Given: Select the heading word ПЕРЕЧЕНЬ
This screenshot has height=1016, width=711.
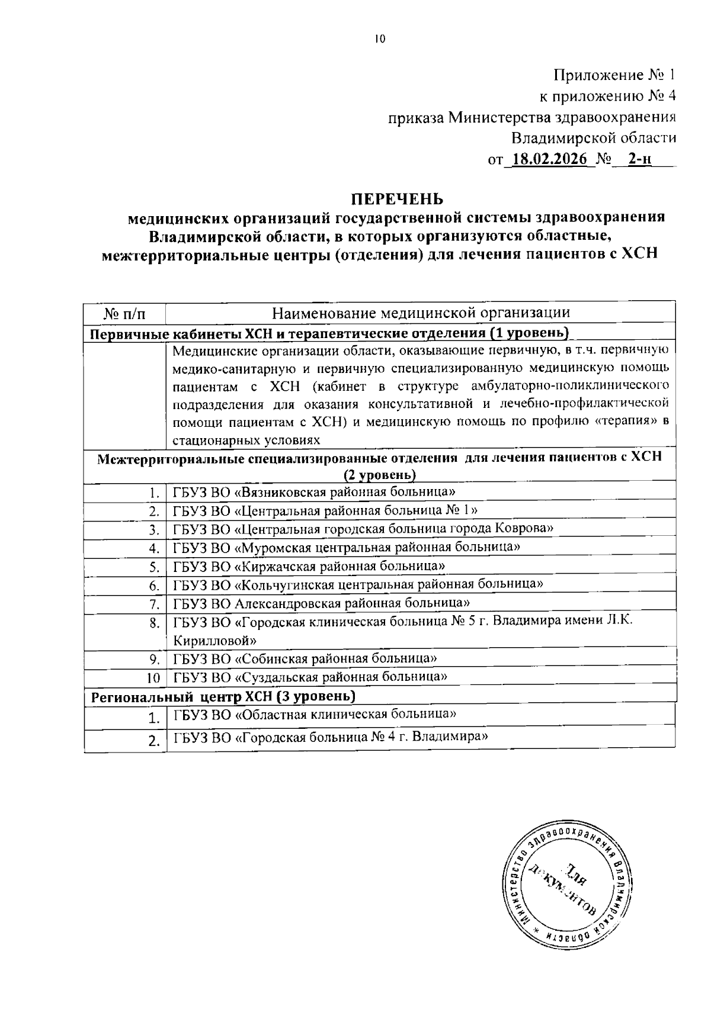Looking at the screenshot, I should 395,197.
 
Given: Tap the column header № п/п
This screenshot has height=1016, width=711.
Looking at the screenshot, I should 124,313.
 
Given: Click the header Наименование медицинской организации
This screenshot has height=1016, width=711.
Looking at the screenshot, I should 421,313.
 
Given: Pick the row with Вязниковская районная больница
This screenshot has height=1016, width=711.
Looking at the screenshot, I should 314,491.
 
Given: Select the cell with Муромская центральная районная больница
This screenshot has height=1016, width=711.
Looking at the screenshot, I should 347,547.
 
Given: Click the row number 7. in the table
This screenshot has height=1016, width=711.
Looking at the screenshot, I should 154,605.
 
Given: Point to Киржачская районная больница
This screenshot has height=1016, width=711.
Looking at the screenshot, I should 309,566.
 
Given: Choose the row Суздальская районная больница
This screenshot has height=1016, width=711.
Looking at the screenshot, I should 309,676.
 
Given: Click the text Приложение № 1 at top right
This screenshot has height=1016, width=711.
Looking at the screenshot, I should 614,75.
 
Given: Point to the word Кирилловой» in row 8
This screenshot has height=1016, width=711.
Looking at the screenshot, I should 214,640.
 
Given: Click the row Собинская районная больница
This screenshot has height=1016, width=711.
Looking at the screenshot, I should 305,658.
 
